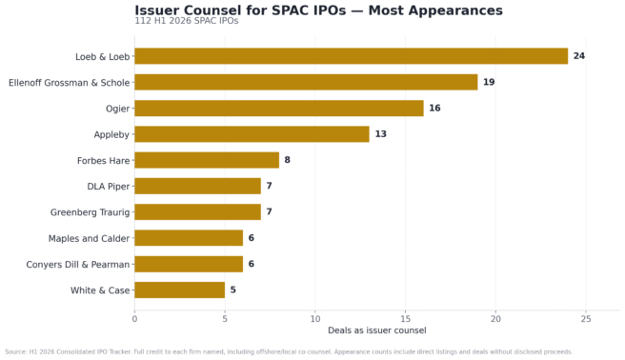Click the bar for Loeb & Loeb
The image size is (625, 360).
[352, 56]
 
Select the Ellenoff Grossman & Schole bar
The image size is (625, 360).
[306, 82]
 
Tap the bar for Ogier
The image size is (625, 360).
[279, 108]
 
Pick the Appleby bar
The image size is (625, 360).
[252, 134]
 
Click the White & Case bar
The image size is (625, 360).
[180, 290]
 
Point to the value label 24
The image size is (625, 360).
[579, 56]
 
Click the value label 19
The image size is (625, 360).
[489, 82]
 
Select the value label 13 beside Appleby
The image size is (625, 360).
[381, 134]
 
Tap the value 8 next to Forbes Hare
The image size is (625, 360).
[288, 160]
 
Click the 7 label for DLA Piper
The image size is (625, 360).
[269, 186]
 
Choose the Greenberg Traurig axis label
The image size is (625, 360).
[91, 212]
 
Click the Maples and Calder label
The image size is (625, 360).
[89, 238]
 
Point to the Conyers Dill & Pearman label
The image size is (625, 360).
[78, 265]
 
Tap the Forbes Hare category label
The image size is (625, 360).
[103, 161]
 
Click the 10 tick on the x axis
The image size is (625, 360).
[315, 319]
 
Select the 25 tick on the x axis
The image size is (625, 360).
[586, 319]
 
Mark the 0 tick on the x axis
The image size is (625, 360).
[134, 319]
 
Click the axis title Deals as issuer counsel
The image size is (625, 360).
[377, 330]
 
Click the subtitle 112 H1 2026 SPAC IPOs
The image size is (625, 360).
[187, 21]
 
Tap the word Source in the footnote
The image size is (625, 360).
[15, 352]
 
